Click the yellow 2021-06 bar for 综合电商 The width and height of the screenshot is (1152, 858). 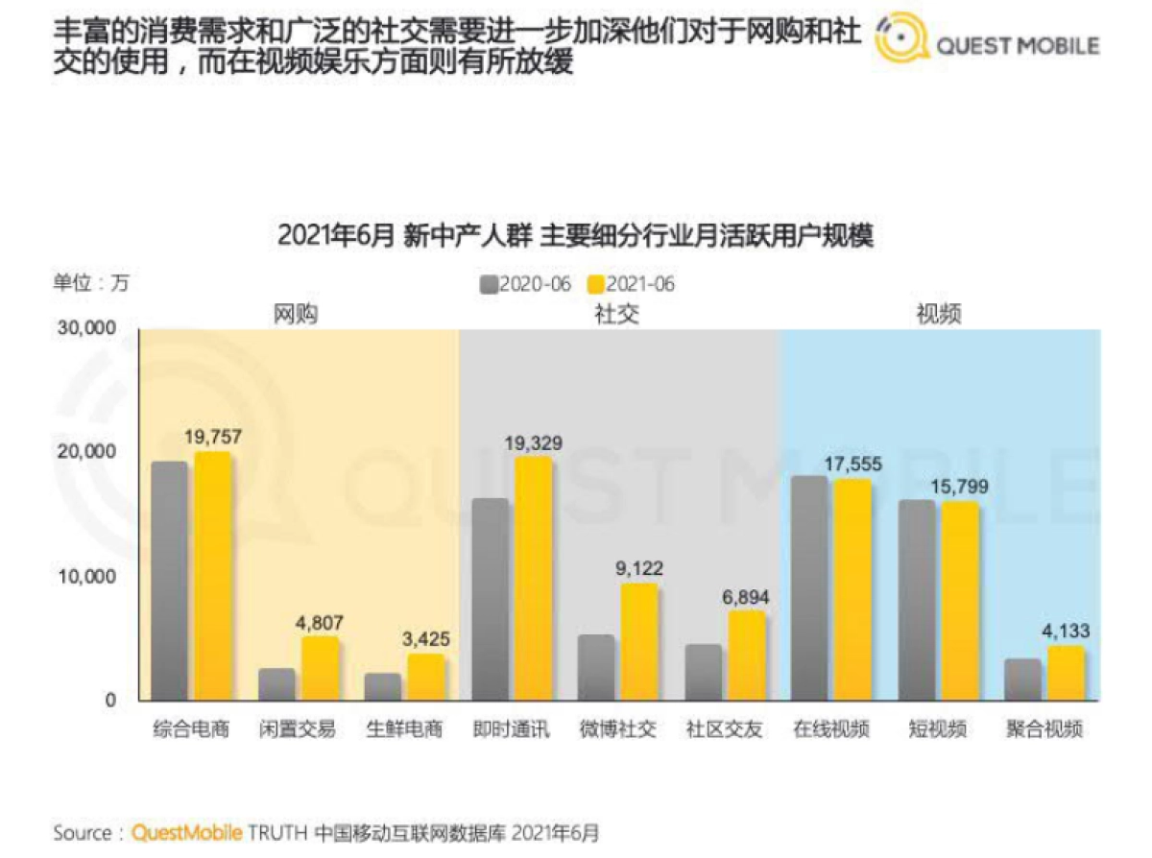[x=212, y=576]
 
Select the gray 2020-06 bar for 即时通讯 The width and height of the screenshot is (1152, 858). [x=491, y=600]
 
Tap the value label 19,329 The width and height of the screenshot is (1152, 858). [x=534, y=443]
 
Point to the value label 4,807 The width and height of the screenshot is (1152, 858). [x=319, y=622]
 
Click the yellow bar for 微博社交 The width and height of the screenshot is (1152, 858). [x=639, y=641]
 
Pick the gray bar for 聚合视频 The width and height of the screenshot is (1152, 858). [x=1023, y=679]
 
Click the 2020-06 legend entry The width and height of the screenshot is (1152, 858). [x=526, y=284]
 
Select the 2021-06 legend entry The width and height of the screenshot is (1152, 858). [x=631, y=284]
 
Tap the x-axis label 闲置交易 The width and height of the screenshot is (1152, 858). [x=298, y=729]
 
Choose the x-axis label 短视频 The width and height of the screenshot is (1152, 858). [x=938, y=729]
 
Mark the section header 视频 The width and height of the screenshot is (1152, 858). [x=938, y=314]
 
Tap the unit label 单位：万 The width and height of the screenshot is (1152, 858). [x=90, y=283]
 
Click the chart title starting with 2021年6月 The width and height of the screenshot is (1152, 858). [x=575, y=236]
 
